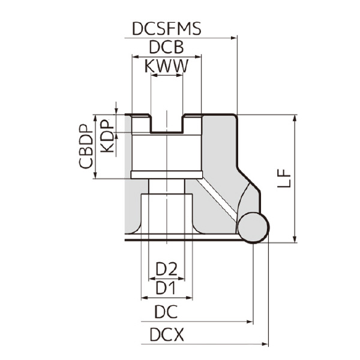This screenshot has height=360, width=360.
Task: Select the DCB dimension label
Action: pyautogui.click(x=166, y=48)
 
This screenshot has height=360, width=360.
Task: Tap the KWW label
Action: pyautogui.click(x=166, y=67)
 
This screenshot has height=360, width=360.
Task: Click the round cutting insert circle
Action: pyautogui.click(x=253, y=227)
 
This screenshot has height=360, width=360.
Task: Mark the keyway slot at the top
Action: pyautogui.click(x=166, y=124)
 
